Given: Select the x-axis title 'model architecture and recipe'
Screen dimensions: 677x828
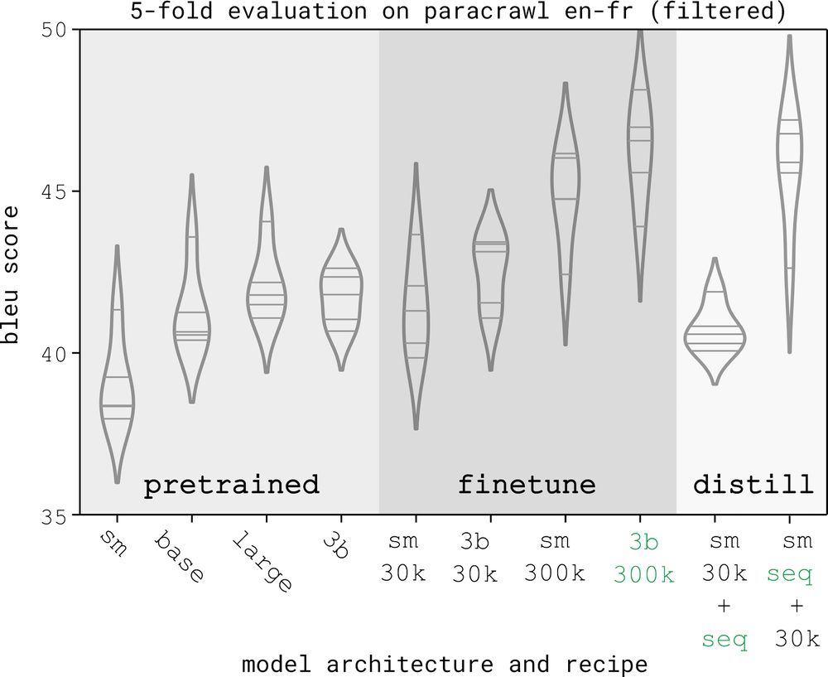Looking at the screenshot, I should click(445, 664).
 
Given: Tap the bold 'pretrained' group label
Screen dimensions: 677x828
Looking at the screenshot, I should click(232, 485).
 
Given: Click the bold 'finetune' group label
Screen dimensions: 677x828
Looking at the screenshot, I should click(527, 485).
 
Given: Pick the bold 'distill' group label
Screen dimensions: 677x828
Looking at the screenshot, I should click(753, 485).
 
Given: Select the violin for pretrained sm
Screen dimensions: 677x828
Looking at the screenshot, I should click(117, 389).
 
